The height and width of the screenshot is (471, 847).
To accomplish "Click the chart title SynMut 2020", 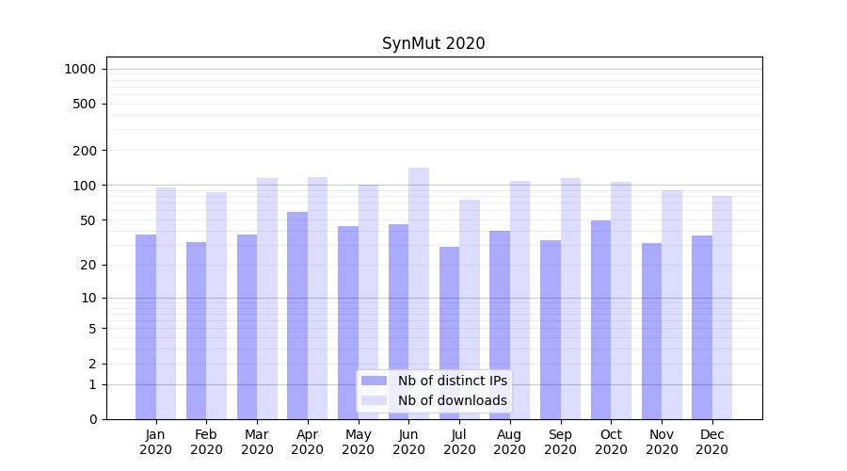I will pos(433,43).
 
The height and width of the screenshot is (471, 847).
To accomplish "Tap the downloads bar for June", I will pos(419,293).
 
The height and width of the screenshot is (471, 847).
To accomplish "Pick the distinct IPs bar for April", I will pos(297,315).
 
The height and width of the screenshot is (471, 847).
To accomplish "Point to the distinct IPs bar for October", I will pos(600,319).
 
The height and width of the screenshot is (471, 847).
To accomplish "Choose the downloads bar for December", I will pos(722,307).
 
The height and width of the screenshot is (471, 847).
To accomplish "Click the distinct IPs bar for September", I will pos(551,329).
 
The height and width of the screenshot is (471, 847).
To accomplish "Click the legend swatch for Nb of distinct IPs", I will pos(374,381).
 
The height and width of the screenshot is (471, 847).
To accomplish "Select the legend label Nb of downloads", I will pos(452,400).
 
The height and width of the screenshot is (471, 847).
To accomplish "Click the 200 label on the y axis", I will pos(85,151).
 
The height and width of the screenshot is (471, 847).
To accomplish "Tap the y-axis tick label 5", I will pos(92,329).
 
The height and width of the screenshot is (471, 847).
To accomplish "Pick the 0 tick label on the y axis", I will pos(92,419).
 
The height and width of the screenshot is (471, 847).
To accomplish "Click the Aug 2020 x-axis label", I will pos(510,442).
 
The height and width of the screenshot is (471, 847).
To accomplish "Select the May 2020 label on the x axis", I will pos(359,442).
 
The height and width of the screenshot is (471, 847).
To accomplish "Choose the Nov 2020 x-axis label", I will pos(662,442).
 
